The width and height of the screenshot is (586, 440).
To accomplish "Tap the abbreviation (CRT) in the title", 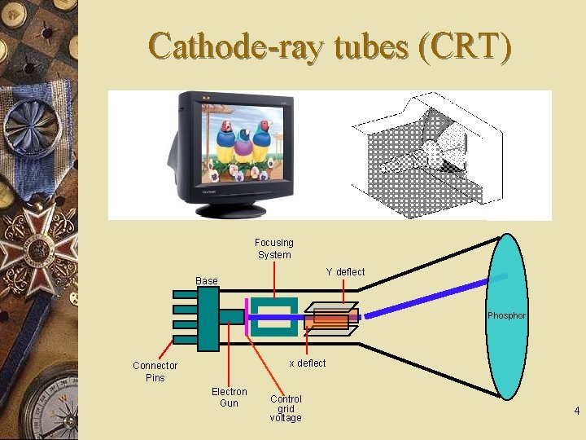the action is pos(463,47).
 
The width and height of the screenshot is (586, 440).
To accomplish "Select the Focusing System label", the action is pos(274,249).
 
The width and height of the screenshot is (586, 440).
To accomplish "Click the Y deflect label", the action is pos(345,272).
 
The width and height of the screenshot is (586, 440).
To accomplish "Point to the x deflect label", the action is pos(308,363).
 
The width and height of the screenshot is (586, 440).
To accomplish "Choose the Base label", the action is pos(207,281).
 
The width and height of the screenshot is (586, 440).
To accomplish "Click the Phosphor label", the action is pos(506,315).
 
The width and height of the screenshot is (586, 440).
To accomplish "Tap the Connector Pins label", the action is pos(155,372).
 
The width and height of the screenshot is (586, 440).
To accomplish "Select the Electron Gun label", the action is pos(230,398).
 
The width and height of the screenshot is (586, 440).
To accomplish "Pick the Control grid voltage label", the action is pos(286,408).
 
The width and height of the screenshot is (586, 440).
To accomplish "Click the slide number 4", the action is pos(576,411).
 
